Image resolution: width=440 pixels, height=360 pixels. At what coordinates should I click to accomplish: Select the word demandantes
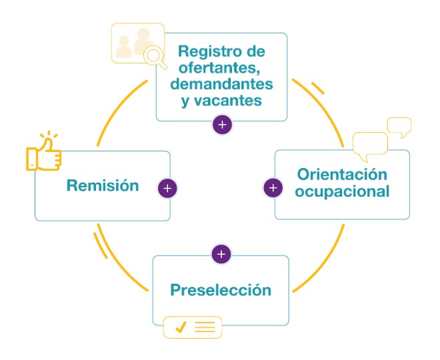coord(221,85)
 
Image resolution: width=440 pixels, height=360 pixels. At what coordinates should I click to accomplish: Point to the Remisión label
coord(103,185)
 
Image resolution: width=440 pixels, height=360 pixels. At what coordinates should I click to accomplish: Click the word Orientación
coord(342,175)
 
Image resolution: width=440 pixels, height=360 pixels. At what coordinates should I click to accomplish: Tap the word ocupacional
coord(342,191)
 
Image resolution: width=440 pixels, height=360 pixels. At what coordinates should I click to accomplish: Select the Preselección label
coord(221,290)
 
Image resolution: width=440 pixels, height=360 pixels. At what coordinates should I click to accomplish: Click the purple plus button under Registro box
coord(222,124)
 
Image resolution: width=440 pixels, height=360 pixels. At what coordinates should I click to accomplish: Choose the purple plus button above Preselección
coord(222,254)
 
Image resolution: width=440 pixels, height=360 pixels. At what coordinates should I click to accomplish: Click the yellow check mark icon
coord(179,327)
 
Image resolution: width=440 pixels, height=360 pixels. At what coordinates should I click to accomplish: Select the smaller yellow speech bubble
coord(399,126)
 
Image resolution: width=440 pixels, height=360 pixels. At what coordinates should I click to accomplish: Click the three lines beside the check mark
coord(205,327)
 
